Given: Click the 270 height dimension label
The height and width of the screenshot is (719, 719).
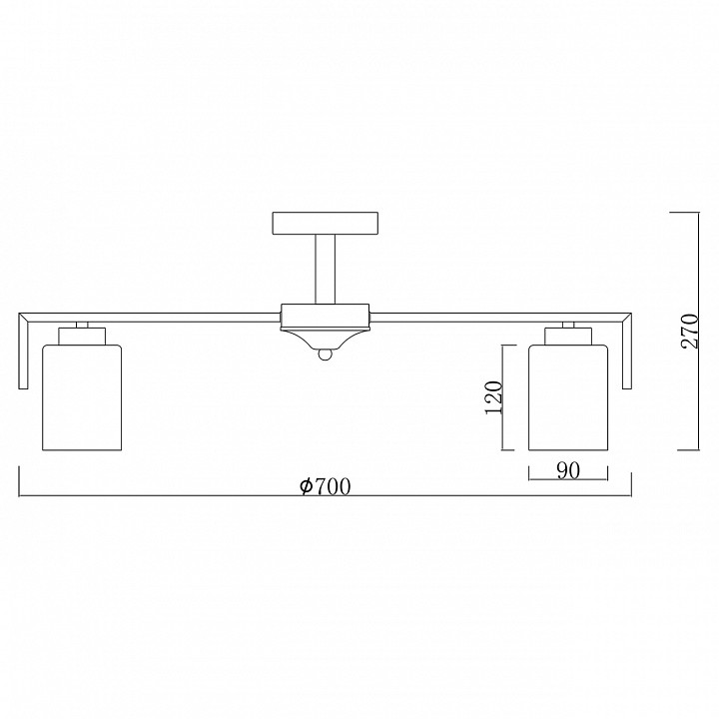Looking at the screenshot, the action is [x=690, y=332].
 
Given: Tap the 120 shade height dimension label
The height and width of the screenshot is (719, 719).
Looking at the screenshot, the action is [x=494, y=397].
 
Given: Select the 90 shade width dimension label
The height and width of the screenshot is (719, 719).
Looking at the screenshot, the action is [x=568, y=470].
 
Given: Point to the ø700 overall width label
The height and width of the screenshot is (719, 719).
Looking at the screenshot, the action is [x=326, y=486].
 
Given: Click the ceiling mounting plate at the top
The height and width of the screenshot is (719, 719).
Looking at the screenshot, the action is [x=326, y=224].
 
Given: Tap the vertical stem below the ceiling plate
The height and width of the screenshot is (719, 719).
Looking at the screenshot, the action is [x=326, y=270].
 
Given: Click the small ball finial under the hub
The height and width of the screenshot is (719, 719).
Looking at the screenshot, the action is [x=326, y=355].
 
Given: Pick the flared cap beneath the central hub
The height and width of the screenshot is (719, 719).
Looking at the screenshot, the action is [x=326, y=339].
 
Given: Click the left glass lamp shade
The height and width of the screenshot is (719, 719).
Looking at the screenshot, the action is [x=82, y=397].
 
